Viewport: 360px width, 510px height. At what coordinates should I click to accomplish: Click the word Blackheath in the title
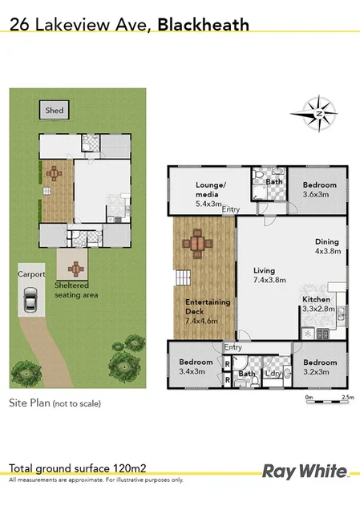pos(203,25)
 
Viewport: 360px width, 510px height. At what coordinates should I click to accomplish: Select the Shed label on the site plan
pos(55,110)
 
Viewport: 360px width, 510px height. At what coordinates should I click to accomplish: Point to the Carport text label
pos(30,273)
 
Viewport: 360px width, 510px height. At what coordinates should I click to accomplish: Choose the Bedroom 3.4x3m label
pos(196,366)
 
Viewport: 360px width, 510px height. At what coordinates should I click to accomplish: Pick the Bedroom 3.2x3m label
pos(319,366)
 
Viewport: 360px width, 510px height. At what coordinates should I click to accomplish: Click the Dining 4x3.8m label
pos(326,245)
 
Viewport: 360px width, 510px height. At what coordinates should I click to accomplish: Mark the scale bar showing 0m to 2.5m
pos(327,394)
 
